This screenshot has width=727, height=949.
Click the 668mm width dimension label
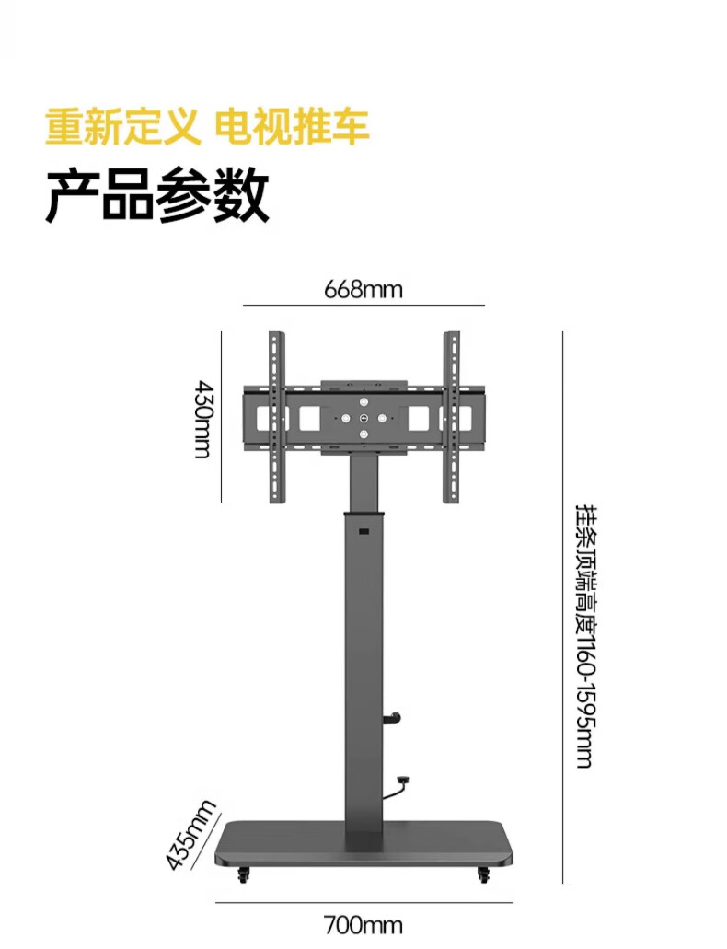coord(363,290)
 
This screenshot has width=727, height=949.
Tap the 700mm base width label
coord(363,923)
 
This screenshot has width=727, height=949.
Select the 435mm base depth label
coord(190,835)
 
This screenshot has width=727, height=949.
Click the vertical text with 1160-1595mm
coord(583,635)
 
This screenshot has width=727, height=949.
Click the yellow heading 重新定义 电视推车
coord(207,126)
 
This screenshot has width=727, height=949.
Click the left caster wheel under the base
coord(244,875)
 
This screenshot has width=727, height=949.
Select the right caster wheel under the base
coord(483,875)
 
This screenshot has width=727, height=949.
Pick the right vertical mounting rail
coord(451,417)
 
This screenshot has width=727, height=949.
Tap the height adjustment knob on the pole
coord(396,717)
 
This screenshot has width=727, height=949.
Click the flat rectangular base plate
coord(363,844)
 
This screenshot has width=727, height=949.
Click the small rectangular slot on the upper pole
coord(363,533)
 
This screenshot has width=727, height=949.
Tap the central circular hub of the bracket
coord(363,419)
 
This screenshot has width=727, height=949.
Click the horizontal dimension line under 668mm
coord(363,305)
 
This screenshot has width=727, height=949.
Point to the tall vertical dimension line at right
coord(562,608)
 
